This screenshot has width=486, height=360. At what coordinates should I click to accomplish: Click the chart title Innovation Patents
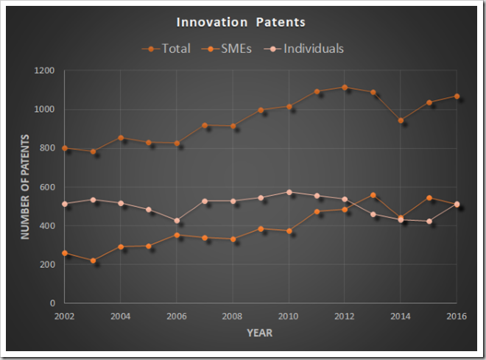[x=242, y=23]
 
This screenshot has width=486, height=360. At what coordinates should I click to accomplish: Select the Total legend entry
[x=166, y=49]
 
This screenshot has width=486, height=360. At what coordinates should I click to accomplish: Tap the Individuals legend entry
[x=308, y=49]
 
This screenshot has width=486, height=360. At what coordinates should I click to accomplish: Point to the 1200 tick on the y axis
[x=46, y=71]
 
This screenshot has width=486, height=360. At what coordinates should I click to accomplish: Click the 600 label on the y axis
[x=48, y=187]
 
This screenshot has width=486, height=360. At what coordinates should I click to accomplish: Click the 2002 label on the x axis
[x=65, y=317]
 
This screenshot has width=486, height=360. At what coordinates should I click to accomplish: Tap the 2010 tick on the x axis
[x=289, y=317]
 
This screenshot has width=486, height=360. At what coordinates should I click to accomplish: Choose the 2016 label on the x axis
[x=457, y=317]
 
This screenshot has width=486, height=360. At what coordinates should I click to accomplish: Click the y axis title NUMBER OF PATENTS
[x=24, y=186]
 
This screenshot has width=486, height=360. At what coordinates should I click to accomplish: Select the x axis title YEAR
[x=259, y=333]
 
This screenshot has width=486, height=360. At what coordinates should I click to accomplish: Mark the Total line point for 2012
[x=345, y=87]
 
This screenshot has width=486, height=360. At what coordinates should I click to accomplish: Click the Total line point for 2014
[x=401, y=120]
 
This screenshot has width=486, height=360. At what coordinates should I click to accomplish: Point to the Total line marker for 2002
[x=65, y=148]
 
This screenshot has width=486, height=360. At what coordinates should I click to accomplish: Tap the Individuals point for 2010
[x=289, y=192]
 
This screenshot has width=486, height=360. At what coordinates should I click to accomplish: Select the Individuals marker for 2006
[x=177, y=220]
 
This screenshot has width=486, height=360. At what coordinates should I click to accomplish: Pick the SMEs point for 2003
[x=93, y=261]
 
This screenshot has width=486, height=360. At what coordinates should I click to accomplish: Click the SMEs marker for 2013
[x=373, y=195]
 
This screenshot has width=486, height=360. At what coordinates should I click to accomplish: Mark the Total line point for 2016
[x=457, y=96]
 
